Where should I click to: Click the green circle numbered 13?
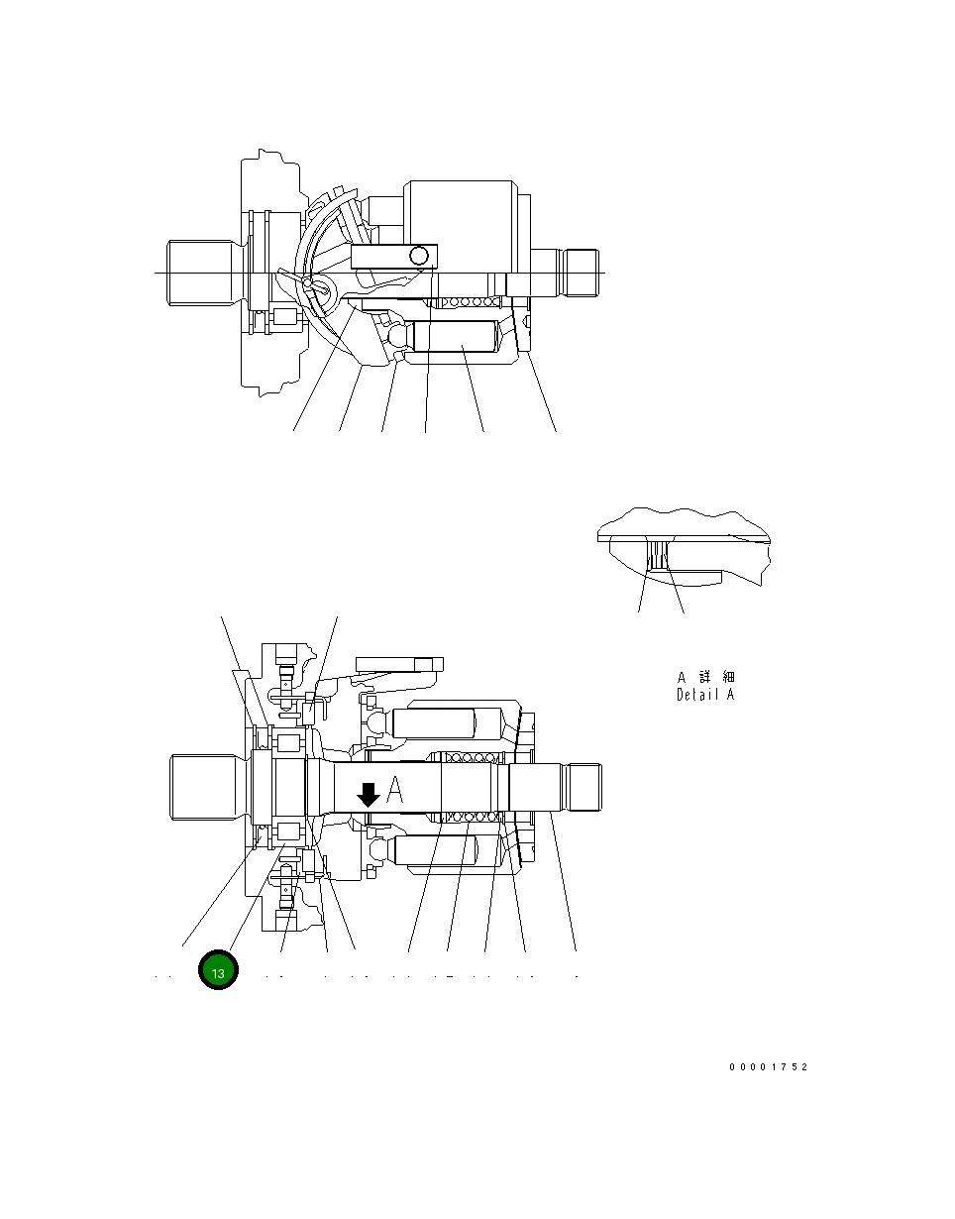pyautogui.click(x=218, y=971)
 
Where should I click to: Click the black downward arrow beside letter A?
pyautogui.click(x=368, y=794)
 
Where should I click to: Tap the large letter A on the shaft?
pyautogui.click(x=394, y=791)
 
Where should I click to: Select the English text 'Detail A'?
pyautogui.click(x=705, y=695)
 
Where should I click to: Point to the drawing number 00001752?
pyautogui.click(x=768, y=1067)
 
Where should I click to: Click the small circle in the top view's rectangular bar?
pyautogui.click(x=420, y=257)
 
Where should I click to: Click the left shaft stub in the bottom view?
pyautogui.click(x=204, y=787)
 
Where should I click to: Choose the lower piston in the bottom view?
pyautogui.click(x=436, y=848)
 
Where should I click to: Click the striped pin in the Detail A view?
pyautogui.click(x=657, y=555)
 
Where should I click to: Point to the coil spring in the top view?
pyautogui.click(x=466, y=302)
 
